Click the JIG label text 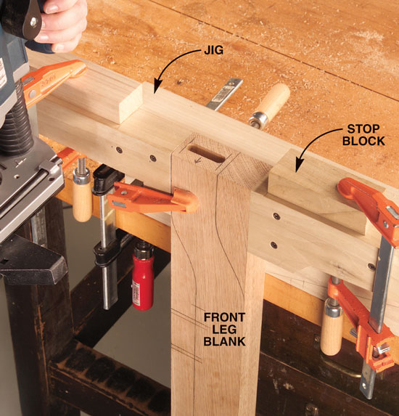point(214,50)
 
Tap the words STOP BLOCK point(363,135)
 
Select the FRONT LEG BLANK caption point(225,330)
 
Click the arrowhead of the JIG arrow point(157,89)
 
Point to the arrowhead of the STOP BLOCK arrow point(298,167)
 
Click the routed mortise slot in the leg point(206,154)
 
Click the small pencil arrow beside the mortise point(197,160)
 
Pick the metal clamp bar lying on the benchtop point(224,94)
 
